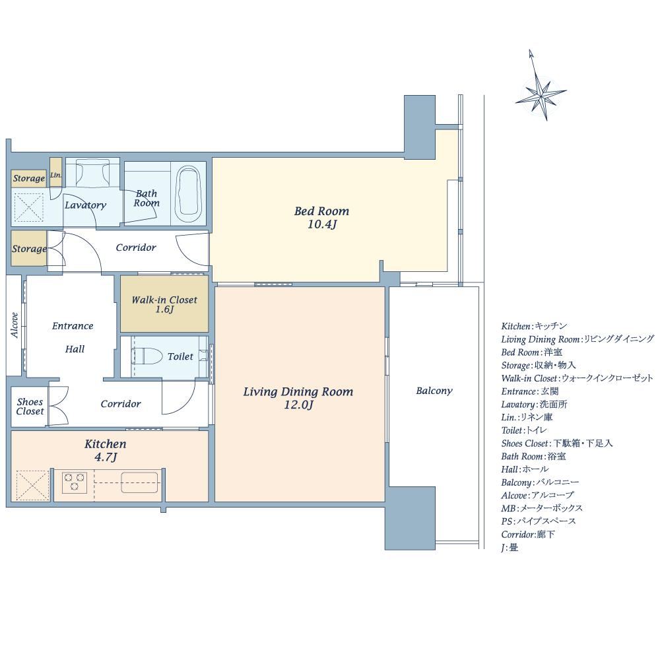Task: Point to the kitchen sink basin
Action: pyautogui.click(x=140, y=482)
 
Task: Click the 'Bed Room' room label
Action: pyautogui.click(x=321, y=211)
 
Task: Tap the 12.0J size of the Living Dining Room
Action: pyautogui.click(x=298, y=405)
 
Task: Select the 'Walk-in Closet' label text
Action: pyautogui.click(x=164, y=300)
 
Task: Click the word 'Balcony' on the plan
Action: pyautogui.click(x=434, y=391)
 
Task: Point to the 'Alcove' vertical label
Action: pyautogui.click(x=15, y=325)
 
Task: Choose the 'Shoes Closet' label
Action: pyautogui.click(x=30, y=406)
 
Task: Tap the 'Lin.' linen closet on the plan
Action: pyautogui.click(x=56, y=174)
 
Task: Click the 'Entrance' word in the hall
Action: pyautogui.click(x=73, y=326)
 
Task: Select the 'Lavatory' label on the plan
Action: pyautogui.click(x=85, y=205)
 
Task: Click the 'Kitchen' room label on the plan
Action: pyautogui.click(x=105, y=444)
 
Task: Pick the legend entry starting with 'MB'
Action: pyautogui.click(x=542, y=508)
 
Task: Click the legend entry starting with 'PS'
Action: pyautogui.click(x=539, y=521)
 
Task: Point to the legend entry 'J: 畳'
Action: pyautogui.click(x=510, y=547)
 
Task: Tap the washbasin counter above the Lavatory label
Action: pyautogui.click(x=93, y=172)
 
